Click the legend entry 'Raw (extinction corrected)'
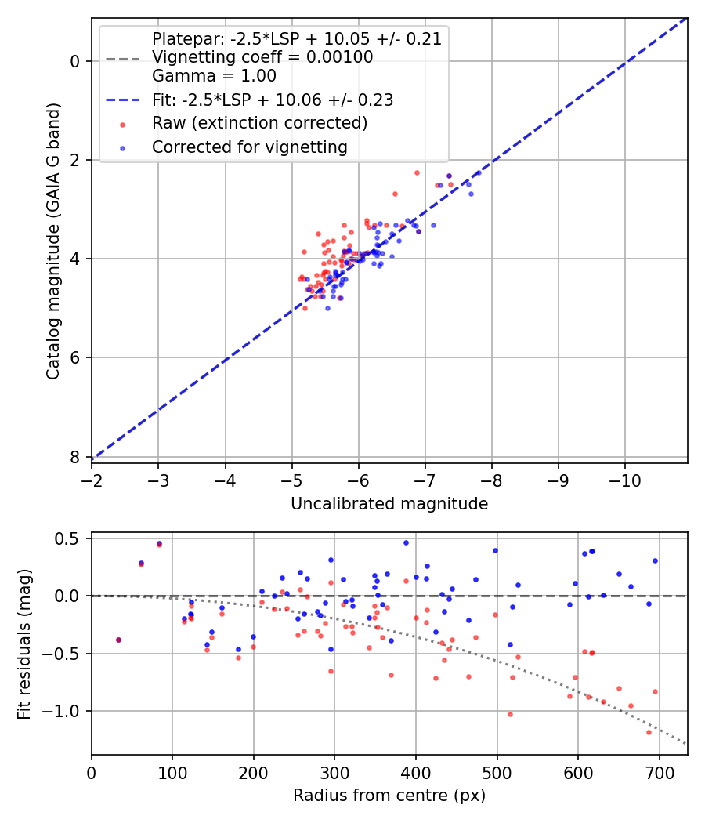click(x=259, y=123)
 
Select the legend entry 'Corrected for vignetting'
click(x=249, y=147)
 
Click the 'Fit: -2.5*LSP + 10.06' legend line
click(x=122, y=100)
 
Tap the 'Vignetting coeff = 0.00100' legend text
click(x=262, y=57)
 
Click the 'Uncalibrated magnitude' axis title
click(x=389, y=504)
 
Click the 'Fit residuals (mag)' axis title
click(x=25, y=644)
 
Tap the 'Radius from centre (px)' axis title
click(x=389, y=796)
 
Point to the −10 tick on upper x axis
click(x=624, y=477)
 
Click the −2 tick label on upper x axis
click(x=92, y=477)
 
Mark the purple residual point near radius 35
click(x=118, y=640)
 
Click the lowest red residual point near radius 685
click(x=649, y=732)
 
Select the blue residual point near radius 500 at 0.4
click(x=495, y=550)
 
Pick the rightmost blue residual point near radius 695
click(x=655, y=560)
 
